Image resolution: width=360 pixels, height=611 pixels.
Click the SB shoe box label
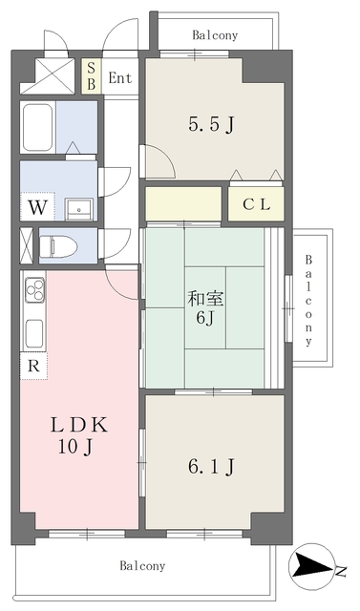click(91, 76)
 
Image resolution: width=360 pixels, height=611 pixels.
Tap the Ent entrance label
click(120, 78)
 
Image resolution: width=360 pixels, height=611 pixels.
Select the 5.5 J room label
click(211, 125)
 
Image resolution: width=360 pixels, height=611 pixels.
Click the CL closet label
click(257, 204)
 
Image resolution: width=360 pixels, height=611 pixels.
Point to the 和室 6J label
click(205, 307)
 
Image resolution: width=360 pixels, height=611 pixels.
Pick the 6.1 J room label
click(211, 467)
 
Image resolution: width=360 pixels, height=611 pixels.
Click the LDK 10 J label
click(79, 435)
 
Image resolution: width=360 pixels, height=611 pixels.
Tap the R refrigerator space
click(33, 366)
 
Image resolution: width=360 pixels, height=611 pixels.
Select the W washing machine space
click(37, 207)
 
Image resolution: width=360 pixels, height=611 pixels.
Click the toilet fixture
click(58, 246)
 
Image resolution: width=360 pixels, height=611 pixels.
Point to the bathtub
click(38, 127)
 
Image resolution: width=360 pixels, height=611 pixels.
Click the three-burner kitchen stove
click(34, 290)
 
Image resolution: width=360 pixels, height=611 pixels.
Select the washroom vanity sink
click(79, 209)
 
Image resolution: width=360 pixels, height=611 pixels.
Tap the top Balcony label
click(215, 35)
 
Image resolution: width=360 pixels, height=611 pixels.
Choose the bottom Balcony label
click(142, 565)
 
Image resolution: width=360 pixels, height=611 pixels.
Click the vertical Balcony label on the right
click(308, 301)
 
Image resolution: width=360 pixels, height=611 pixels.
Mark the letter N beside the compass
click(341, 572)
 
